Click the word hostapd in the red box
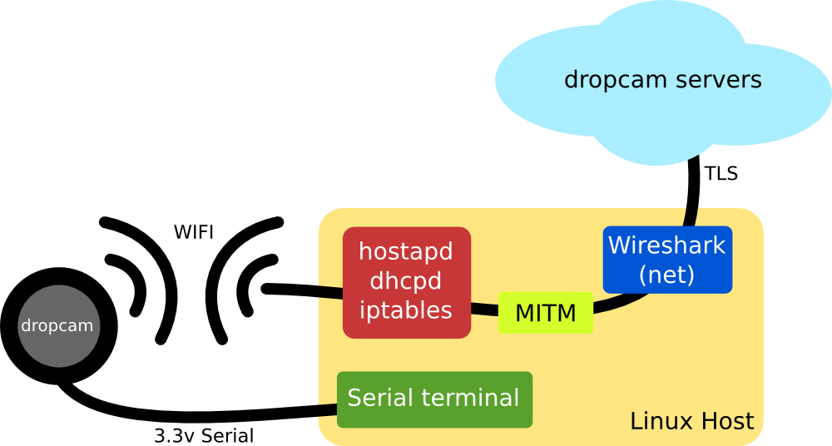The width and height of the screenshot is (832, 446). coord(407,251)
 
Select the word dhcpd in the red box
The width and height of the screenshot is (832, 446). coord(407,281)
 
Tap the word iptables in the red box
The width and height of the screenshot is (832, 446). coord(407,310)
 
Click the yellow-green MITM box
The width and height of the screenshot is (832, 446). coord(546,314)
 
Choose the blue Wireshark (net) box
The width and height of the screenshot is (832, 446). coord(667,260)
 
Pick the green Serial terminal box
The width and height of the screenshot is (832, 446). coord(433,399)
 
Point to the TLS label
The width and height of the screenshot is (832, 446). coord(721,175)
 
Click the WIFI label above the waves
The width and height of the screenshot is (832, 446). coord(194,232)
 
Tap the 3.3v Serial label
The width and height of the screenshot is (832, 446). coord(204,435)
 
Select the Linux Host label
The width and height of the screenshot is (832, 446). coord(691,421)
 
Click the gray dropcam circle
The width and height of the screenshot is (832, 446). coord(57,326)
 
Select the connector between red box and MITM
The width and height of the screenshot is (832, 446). coord(484,309)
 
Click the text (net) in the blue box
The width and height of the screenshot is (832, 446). coord(667,275)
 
